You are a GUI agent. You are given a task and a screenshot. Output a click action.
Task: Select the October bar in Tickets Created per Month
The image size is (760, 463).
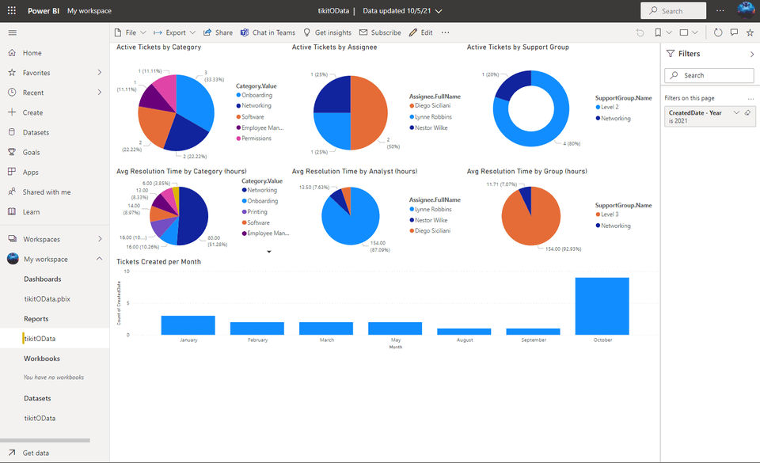[602, 306]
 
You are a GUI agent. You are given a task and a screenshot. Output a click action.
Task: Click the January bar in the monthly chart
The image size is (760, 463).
[188, 324]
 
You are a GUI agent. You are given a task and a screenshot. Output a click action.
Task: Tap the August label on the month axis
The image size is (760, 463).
[464, 340]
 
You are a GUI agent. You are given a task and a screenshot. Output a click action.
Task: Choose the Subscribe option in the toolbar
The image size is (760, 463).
[380, 32]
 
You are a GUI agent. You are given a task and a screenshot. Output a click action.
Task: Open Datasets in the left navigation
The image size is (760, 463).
[36, 132]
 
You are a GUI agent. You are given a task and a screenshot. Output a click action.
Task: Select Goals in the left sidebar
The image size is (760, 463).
[31, 152]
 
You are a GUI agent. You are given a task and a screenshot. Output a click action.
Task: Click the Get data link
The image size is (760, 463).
[36, 453]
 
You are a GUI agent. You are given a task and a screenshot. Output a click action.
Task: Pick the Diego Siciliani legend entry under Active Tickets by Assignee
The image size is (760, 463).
[435, 105]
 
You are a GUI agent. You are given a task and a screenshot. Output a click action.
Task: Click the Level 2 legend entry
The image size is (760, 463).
[610, 107]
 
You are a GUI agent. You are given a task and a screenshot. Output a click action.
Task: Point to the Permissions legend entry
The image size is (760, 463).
[256, 139]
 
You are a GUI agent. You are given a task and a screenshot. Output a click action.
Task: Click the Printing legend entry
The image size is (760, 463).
[256, 212]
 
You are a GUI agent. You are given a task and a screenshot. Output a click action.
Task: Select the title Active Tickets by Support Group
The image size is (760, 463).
[518, 47]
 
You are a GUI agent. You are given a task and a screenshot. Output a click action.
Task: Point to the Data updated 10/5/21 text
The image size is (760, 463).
[397, 11]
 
